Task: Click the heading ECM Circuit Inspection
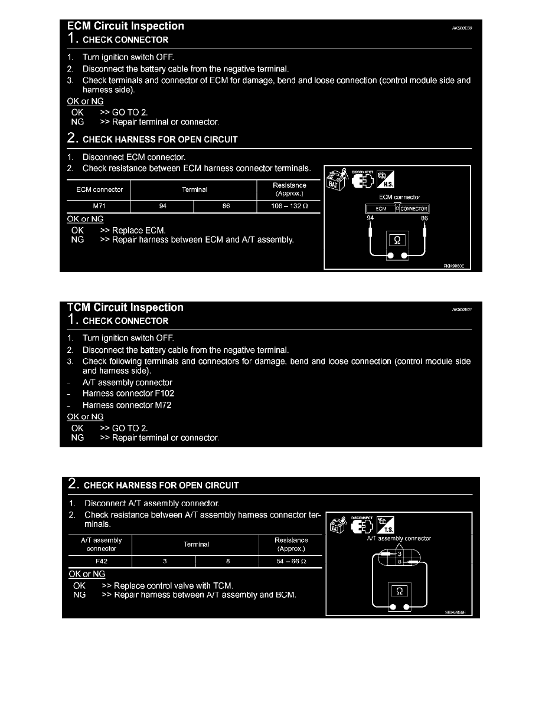(126, 26)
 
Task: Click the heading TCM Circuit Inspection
(126, 307)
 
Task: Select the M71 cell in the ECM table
(100, 207)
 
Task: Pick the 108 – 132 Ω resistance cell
(289, 207)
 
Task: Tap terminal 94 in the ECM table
(162, 207)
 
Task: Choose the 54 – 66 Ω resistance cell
(290, 561)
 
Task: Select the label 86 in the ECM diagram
(424, 218)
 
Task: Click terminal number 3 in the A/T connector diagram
(400, 554)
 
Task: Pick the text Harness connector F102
(128, 394)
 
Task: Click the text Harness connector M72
(127, 405)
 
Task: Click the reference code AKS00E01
(463, 308)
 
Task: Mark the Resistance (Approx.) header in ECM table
(289, 189)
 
